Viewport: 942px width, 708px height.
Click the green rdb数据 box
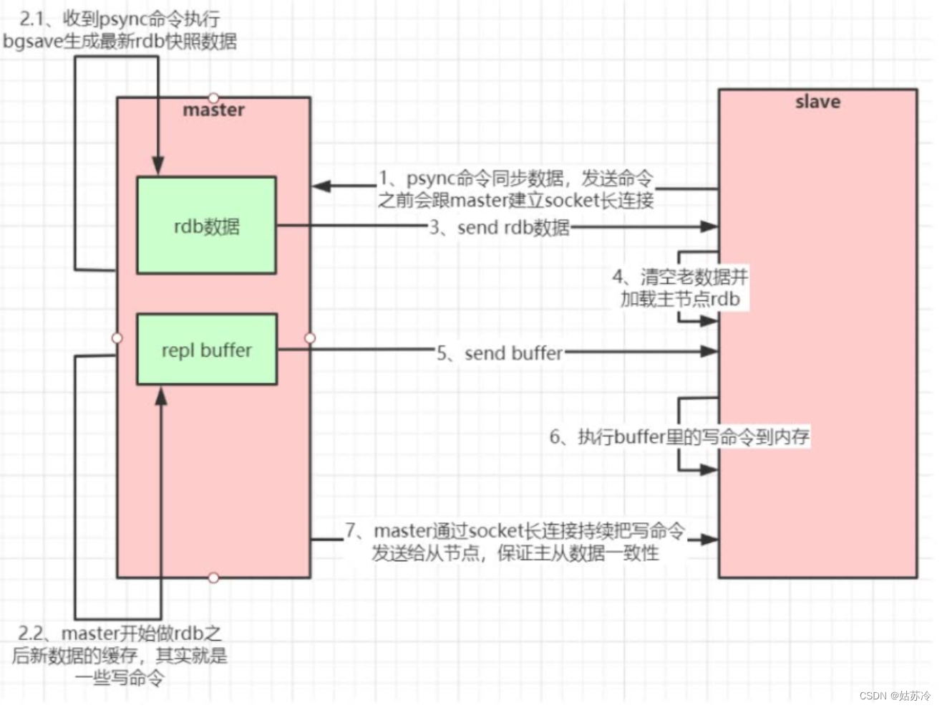click(206, 226)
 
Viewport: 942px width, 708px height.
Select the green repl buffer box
click(206, 350)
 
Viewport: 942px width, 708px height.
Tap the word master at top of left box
click(213, 110)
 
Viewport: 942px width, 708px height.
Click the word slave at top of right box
click(817, 102)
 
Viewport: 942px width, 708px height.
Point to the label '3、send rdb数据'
click(500, 227)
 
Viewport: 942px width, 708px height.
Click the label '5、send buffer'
click(500, 353)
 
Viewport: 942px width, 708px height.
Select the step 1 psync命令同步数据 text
click(515, 189)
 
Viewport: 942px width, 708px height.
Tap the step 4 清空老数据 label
click(680, 287)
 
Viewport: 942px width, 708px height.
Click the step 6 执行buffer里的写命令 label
click(679, 436)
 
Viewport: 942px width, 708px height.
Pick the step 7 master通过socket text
click(515, 541)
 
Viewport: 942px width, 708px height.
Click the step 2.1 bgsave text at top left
click(120, 31)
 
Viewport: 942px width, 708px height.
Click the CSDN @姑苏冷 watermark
click(895, 695)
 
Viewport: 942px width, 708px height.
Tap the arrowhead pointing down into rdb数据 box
click(158, 166)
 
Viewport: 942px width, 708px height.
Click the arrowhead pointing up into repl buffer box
click(161, 396)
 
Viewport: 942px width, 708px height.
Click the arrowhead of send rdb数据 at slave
click(709, 226)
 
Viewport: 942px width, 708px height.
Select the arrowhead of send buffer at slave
click(709, 351)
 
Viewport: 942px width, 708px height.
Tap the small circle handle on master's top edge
click(213, 97)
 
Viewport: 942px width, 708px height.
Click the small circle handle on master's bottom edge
click(213, 578)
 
